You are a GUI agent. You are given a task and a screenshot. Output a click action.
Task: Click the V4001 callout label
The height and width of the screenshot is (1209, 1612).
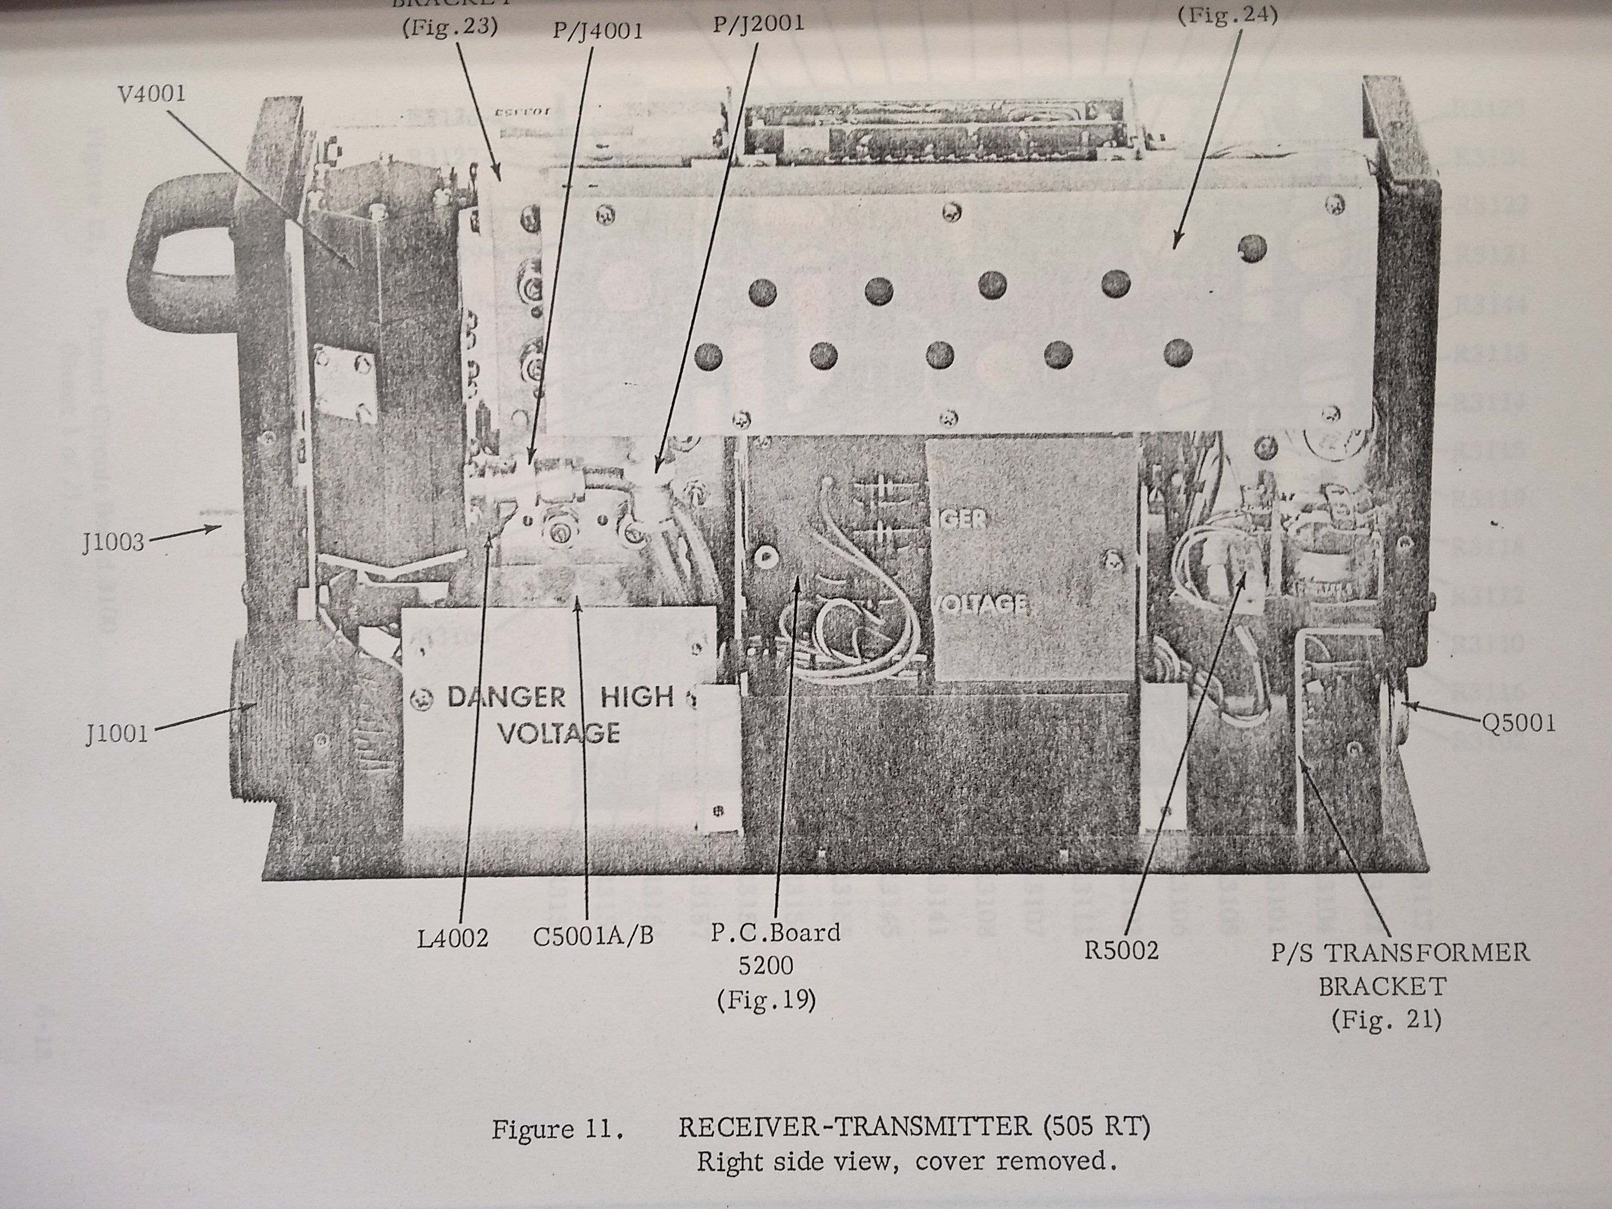coord(150,94)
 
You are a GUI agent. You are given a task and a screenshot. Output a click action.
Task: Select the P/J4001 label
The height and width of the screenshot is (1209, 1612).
coord(598,32)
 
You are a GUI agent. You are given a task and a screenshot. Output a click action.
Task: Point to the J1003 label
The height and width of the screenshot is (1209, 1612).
coord(114,543)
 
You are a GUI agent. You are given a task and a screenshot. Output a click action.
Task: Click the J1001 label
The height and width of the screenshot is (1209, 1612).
coord(117,733)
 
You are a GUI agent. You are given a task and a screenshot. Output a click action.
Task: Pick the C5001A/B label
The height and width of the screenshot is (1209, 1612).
coord(593,936)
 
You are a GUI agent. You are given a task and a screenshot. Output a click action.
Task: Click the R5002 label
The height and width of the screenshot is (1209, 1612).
coord(1121,950)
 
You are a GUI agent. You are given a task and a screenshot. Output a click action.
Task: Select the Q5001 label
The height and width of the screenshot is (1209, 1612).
coord(1519,723)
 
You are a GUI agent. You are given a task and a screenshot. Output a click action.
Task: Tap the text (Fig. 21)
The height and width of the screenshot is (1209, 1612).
coord(1386,1019)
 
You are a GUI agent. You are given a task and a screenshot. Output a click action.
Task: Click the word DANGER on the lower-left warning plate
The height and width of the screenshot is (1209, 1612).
coord(506,697)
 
